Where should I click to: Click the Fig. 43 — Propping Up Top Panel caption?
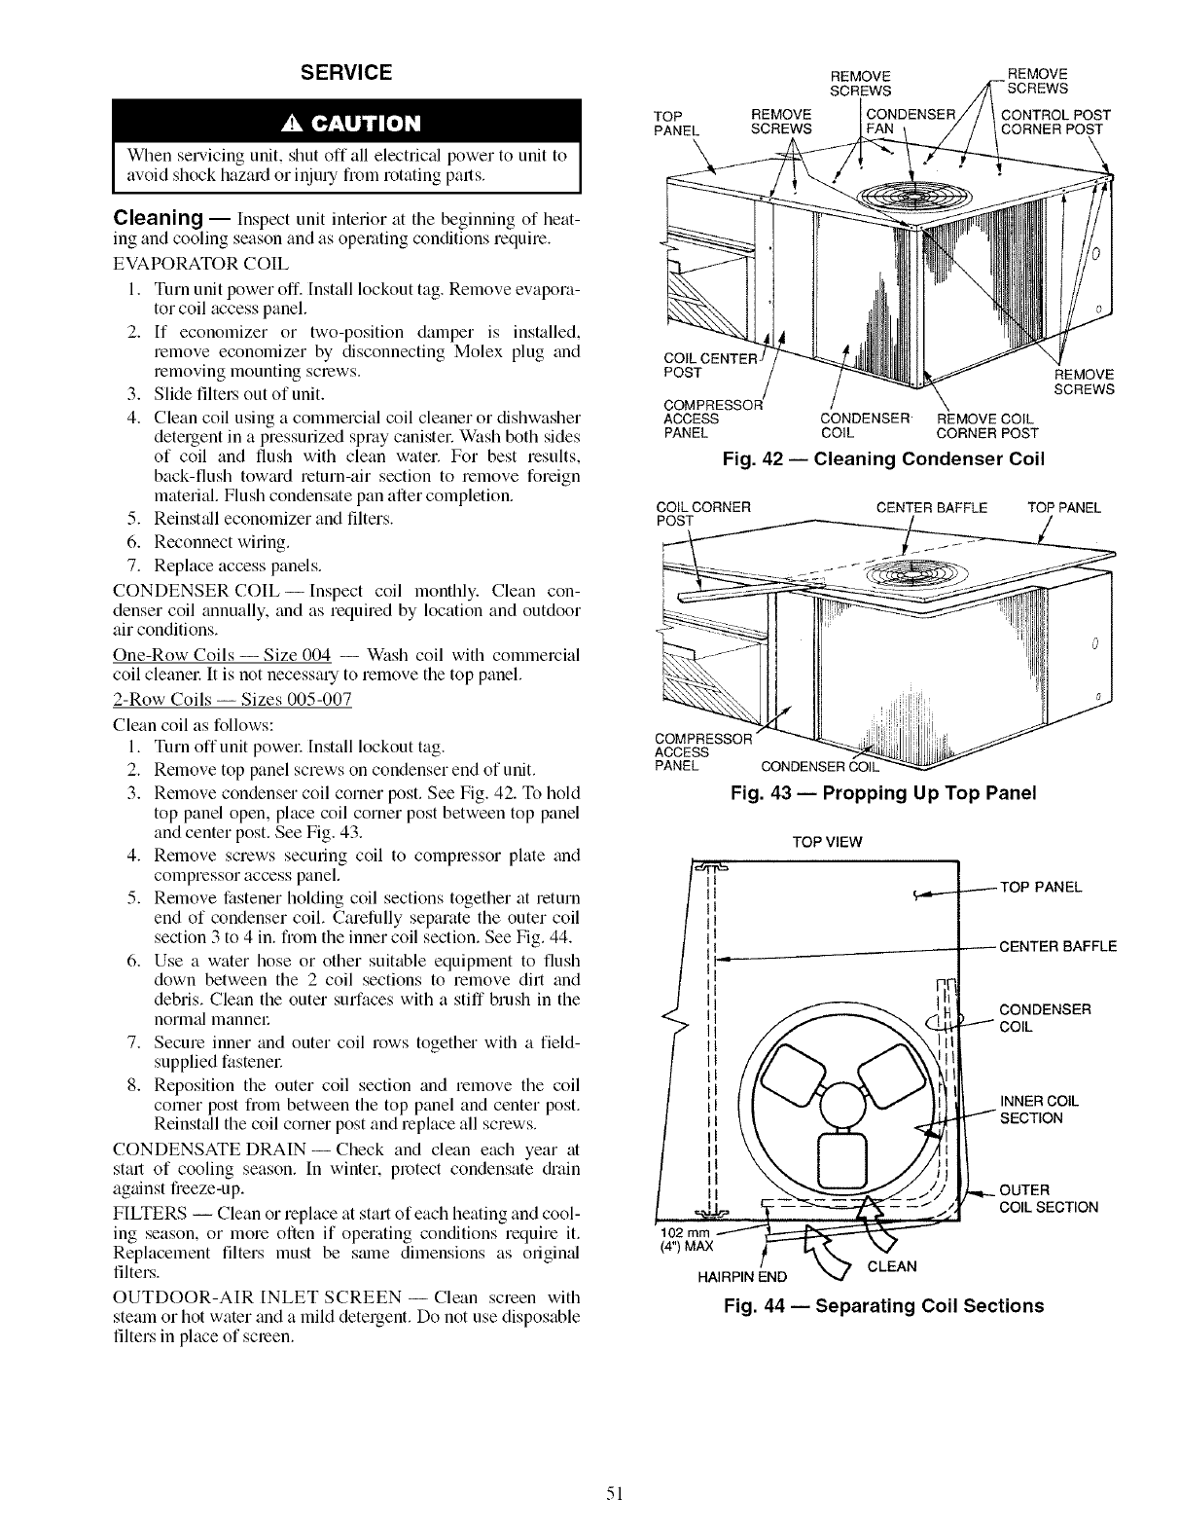coord(883,792)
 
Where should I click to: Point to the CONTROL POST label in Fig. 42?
coord(1055,113)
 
